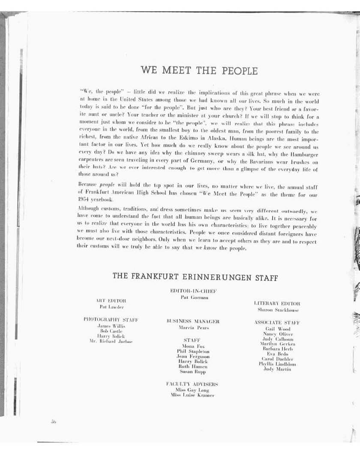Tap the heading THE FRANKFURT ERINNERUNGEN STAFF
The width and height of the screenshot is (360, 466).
pos(195,277)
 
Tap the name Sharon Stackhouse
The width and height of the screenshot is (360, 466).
pos(278,310)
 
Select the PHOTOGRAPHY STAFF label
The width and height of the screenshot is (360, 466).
pos(111,319)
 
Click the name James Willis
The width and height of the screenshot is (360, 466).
pos(111,326)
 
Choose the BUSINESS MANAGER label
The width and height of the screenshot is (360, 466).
pos(193,321)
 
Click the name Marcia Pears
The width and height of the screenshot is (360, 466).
pos(194,328)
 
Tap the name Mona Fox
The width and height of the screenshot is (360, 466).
pos(193,346)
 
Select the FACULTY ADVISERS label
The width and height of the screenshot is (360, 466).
pos(192,384)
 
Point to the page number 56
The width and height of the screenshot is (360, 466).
pos(54,422)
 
